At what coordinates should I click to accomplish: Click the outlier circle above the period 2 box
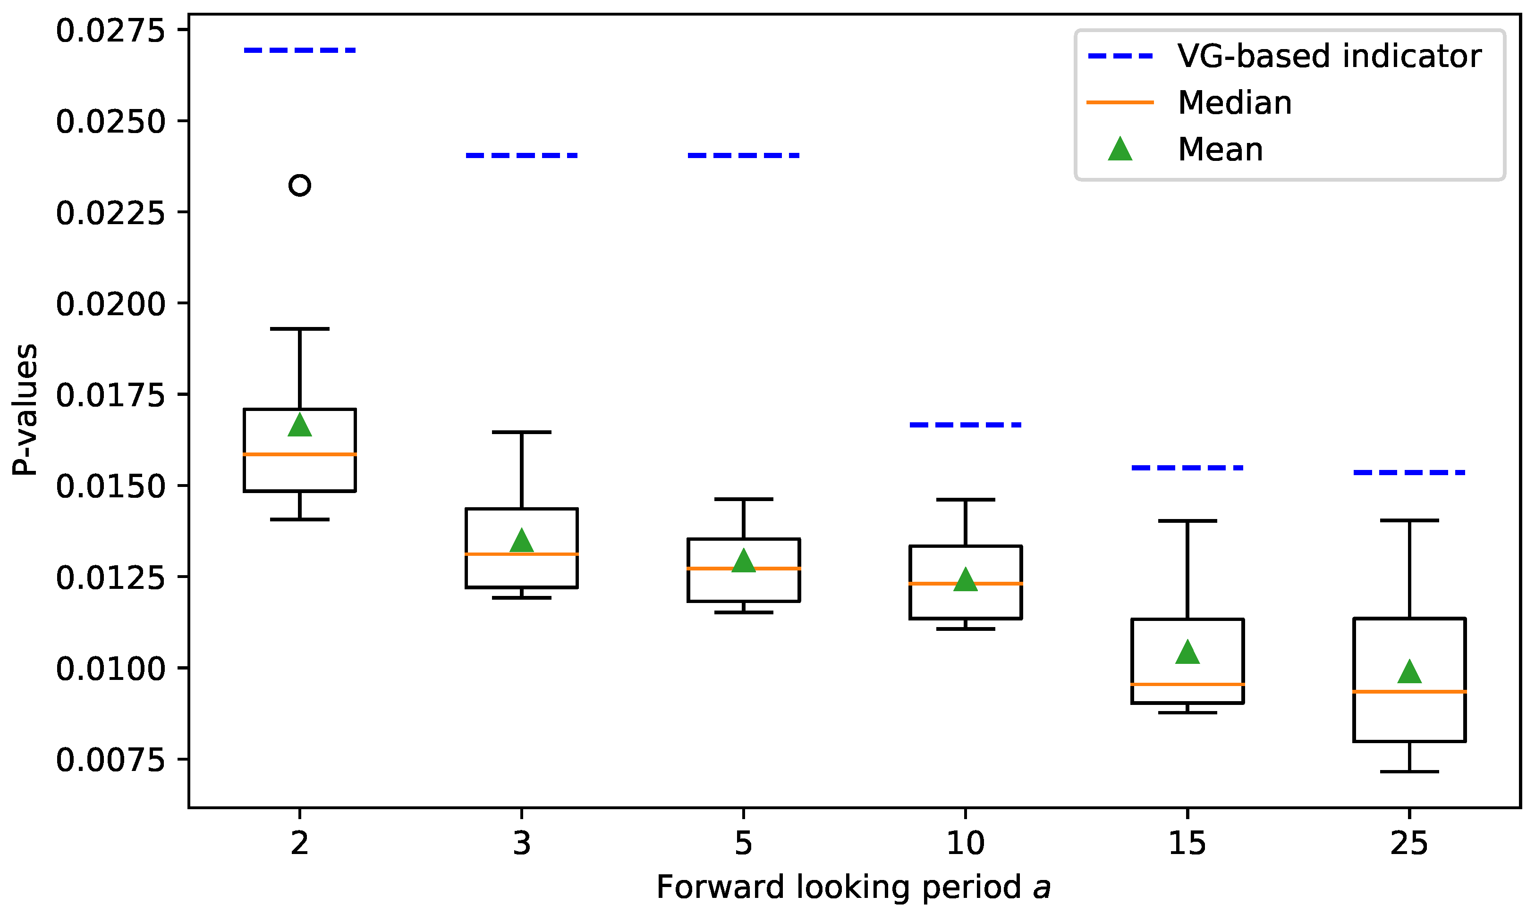[x=300, y=185]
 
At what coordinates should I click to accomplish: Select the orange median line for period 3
[x=521, y=554]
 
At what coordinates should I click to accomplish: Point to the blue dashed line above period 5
[x=744, y=156]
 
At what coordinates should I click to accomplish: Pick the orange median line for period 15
[x=1187, y=684]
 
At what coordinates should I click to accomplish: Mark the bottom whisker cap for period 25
[x=1409, y=771]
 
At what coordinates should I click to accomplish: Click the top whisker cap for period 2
[x=300, y=329]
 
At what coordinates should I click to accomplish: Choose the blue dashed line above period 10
[x=965, y=425]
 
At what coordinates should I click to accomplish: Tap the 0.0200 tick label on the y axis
[x=111, y=304]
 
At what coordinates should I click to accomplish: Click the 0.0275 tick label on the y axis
[x=111, y=31]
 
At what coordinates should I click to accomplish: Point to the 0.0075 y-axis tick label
[x=111, y=761]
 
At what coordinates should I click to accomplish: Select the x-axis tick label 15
[x=1187, y=844]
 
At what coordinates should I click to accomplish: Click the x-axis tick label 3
[x=521, y=844]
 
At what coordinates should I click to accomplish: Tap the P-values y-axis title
[x=26, y=410]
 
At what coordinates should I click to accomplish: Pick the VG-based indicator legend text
[x=1330, y=57]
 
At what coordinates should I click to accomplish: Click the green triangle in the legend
[x=1120, y=150]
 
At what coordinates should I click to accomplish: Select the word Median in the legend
[x=1235, y=103]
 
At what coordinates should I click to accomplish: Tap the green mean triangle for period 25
[x=1409, y=672]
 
